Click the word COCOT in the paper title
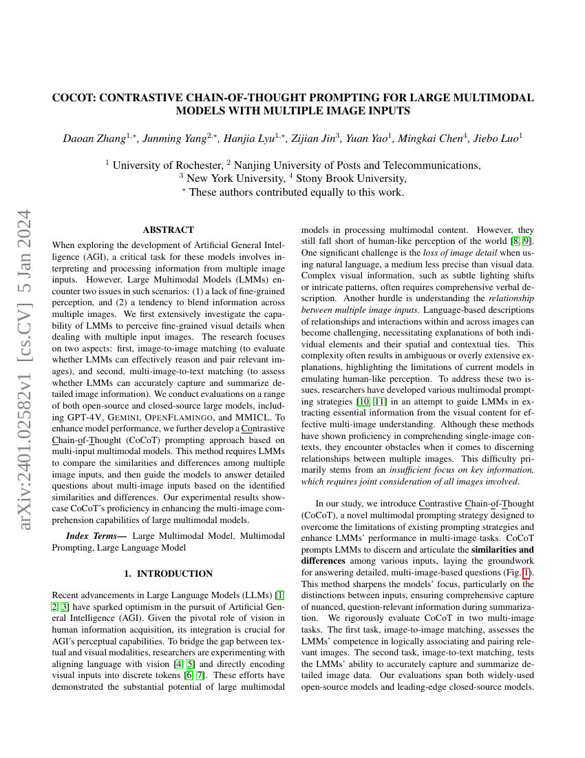73,98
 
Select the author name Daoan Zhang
91,138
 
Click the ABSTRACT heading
168,229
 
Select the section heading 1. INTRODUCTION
168,573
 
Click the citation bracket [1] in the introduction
279,594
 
